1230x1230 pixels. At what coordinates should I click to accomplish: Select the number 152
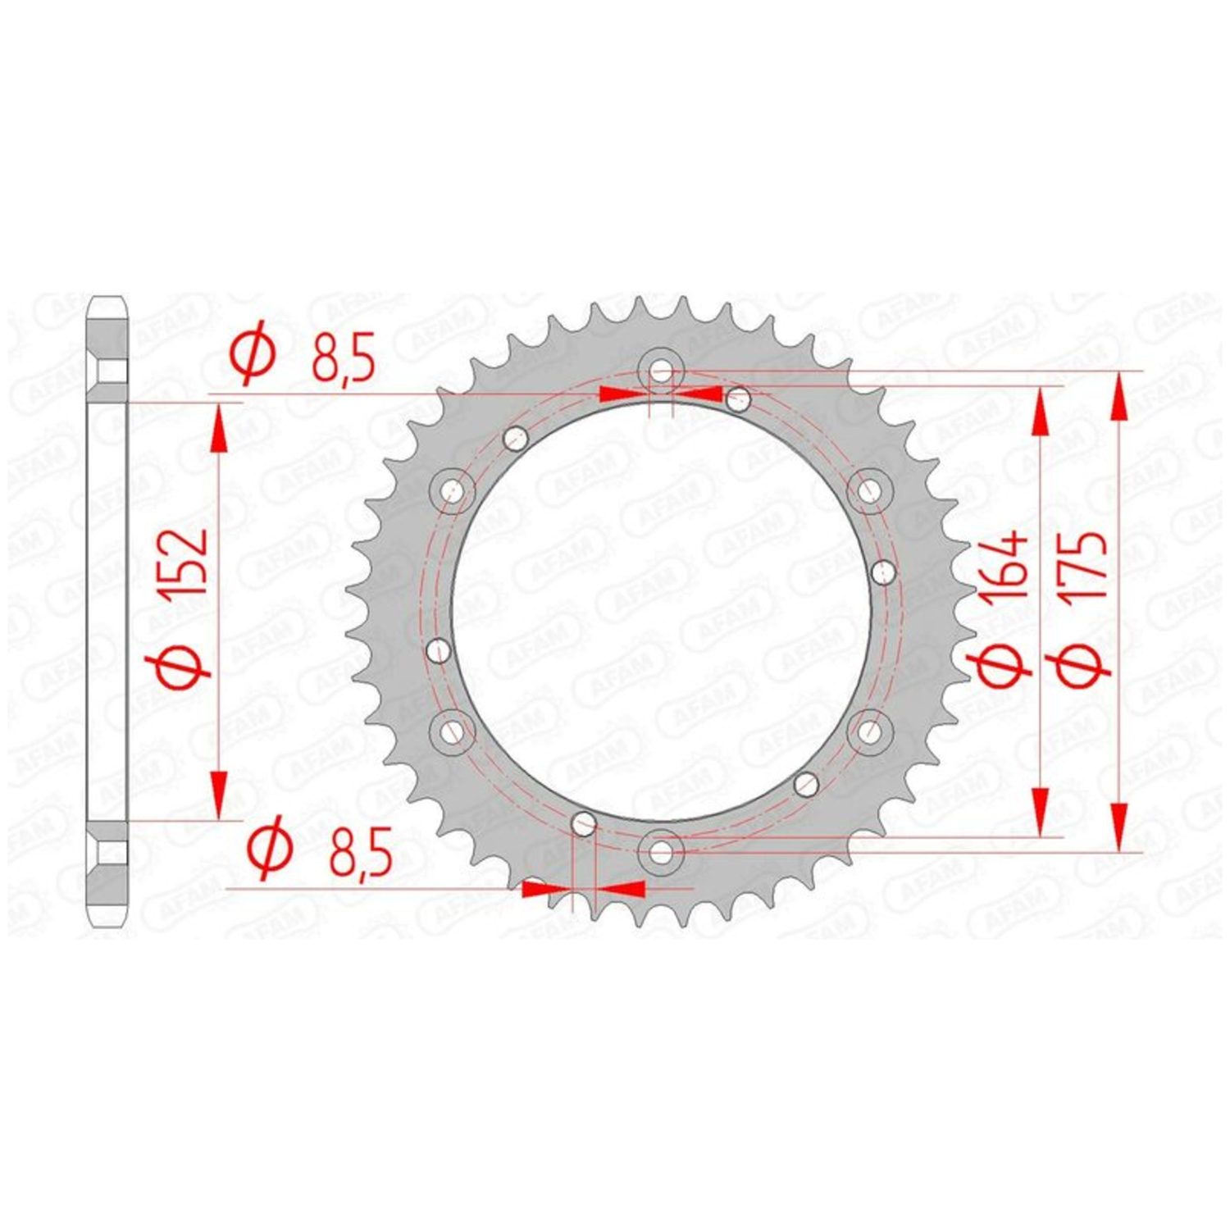(x=184, y=563)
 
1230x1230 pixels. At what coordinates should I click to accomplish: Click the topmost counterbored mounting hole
(x=661, y=371)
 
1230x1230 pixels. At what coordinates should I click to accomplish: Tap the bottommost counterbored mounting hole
(x=661, y=852)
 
